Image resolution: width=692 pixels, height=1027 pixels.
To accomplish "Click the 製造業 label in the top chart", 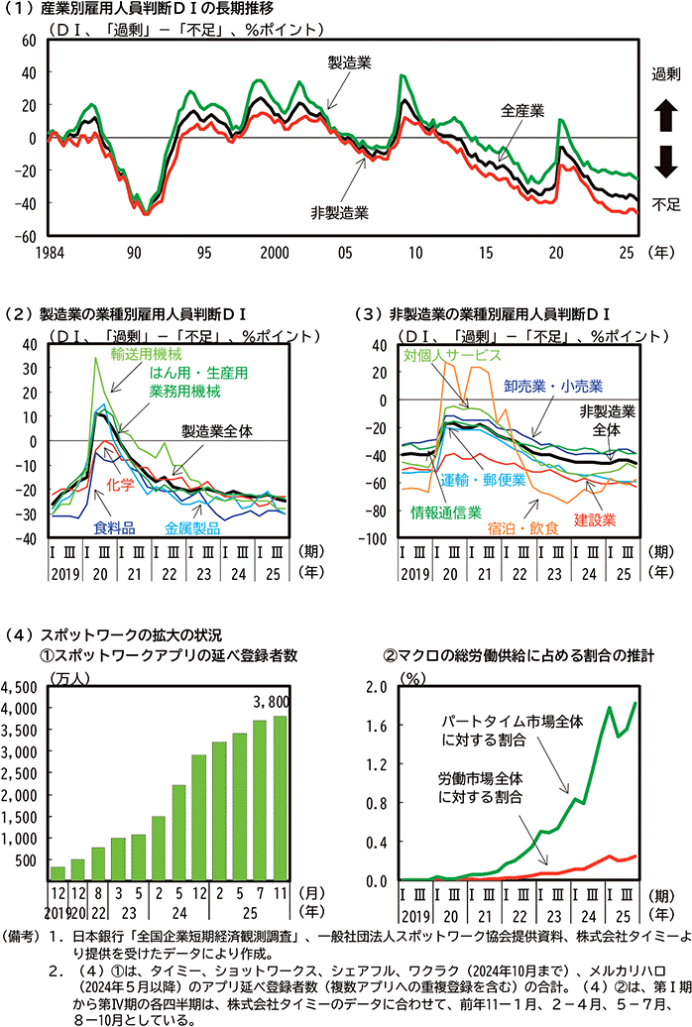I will [x=351, y=62].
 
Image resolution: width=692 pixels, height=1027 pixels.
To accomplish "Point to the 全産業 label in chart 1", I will [x=522, y=110].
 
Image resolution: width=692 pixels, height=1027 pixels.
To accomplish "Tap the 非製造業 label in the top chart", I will [x=339, y=212].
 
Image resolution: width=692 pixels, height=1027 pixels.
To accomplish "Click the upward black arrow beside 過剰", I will [x=664, y=118].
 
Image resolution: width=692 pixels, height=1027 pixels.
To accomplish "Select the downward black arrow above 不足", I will [x=664, y=160].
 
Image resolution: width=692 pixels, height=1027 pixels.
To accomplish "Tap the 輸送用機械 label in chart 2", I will [x=146, y=354].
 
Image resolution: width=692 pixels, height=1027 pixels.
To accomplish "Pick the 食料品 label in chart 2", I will [x=114, y=527].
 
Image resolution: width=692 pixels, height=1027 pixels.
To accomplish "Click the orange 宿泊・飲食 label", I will [x=522, y=528].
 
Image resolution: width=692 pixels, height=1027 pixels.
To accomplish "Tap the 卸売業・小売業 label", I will [x=560, y=385].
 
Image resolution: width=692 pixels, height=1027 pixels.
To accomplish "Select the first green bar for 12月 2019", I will [x=58, y=872].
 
